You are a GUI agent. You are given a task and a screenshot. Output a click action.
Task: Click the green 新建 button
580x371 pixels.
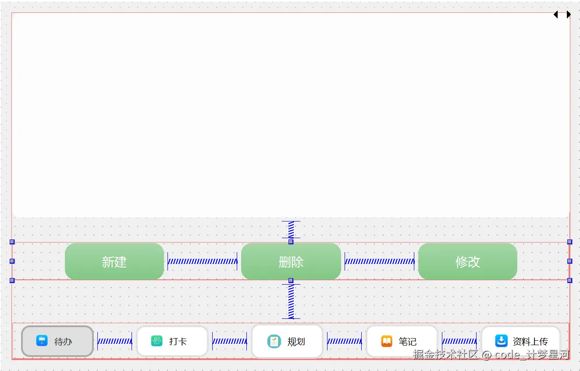tap(114, 261)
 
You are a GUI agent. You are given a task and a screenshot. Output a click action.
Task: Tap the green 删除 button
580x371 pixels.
tap(291, 261)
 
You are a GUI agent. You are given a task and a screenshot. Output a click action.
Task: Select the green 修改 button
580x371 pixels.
tap(467, 261)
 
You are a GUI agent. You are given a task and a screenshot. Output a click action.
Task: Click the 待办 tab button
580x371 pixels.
tap(57, 341)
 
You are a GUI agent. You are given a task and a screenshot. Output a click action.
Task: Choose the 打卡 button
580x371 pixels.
tap(172, 341)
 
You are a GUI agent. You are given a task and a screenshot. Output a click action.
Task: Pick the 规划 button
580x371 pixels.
tap(287, 341)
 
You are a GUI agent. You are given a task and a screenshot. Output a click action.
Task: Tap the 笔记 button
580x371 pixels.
tap(402, 341)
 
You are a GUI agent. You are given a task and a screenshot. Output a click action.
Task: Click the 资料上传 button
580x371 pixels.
tap(521, 341)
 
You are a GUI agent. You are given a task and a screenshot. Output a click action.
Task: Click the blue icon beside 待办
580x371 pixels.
tap(42, 341)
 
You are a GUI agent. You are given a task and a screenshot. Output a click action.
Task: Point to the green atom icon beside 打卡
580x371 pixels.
tap(157, 341)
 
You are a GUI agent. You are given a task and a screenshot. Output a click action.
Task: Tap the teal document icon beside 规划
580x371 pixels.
tap(274, 341)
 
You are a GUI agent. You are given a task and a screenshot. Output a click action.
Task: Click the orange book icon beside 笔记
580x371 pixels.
tap(387, 341)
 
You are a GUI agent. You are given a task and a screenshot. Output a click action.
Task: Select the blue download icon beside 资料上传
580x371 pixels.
tap(501, 341)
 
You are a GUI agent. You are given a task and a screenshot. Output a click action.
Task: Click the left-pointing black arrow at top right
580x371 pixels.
tap(556, 14)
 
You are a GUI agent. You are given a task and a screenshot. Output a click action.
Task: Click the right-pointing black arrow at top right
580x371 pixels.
tap(569, 14)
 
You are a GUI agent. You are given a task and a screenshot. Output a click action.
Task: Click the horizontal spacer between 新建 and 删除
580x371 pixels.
tap(202, 261)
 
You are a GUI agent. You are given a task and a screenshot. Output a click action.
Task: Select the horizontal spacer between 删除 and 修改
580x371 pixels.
tap(379, 261)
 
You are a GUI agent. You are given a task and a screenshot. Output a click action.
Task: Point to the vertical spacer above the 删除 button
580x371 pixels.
tap(291, 229)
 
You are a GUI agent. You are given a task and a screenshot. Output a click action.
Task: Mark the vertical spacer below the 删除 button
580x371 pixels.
tap(291, 301)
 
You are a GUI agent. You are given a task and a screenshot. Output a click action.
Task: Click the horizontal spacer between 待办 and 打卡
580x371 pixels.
tap(114, 341)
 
